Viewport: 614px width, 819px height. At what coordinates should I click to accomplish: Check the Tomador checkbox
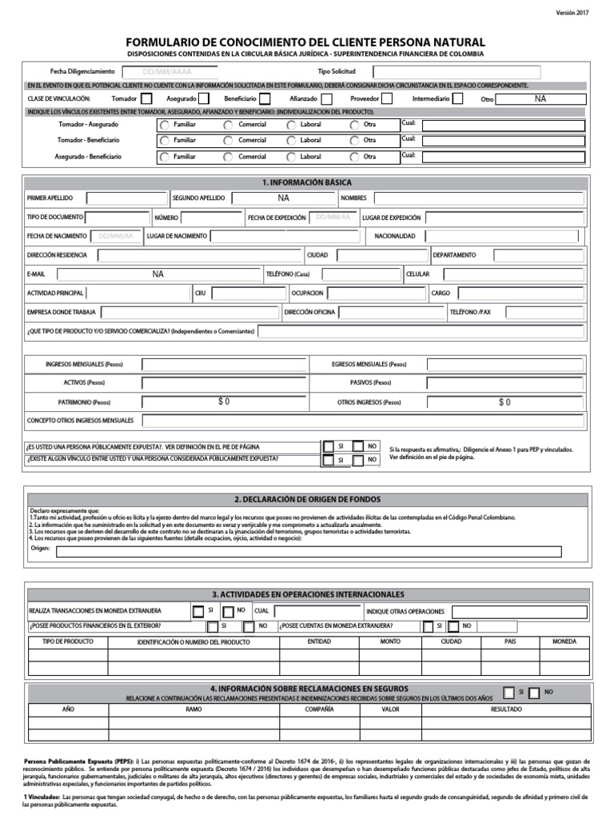click(146, 98)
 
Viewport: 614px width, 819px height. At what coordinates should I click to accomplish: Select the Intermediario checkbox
click(457, 98)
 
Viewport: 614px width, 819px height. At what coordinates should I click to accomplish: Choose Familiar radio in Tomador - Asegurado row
click(165, 126)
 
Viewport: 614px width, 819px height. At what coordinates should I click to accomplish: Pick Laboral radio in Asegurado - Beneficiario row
click(293, 157)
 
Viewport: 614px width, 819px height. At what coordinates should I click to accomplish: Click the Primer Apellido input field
click(126, 198)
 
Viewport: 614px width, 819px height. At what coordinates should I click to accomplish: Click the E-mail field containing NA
click(157, 274)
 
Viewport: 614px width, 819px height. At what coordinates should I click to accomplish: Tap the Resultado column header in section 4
click(506, 709)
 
